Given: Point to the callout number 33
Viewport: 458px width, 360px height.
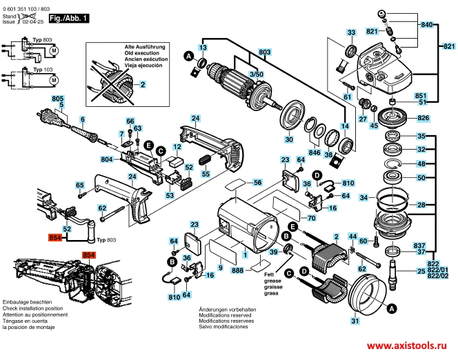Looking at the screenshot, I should [351, 33].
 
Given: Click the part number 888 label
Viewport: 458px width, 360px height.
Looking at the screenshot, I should [238, 272].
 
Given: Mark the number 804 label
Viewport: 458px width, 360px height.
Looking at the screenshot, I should [106, 159].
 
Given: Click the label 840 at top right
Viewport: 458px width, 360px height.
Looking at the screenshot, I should [427, 26].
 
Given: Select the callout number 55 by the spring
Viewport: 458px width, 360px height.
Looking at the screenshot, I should [206, 174].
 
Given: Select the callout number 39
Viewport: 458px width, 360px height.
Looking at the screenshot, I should [274, 253].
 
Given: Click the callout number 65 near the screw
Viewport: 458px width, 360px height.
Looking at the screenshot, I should [80, 186].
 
